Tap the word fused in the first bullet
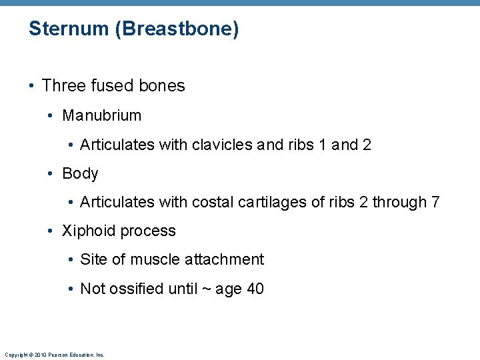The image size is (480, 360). pyautogui.click(x=111, y=86)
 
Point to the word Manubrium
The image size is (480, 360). pyautogui.click(x=101, y=115)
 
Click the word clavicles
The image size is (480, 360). pyautogui.click(x=222, y=145)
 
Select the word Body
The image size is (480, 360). pyautogui.click(x=80, y=174)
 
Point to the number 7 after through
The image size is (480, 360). pyautogui.click(x=435, y=202)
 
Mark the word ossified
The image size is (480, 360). pyautogui.click(x=138, y=289)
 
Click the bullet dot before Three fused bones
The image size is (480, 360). pyautogui.click(x=32, y=87)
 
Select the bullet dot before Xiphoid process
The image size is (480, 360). pyautogui.click(x=51, y=231)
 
